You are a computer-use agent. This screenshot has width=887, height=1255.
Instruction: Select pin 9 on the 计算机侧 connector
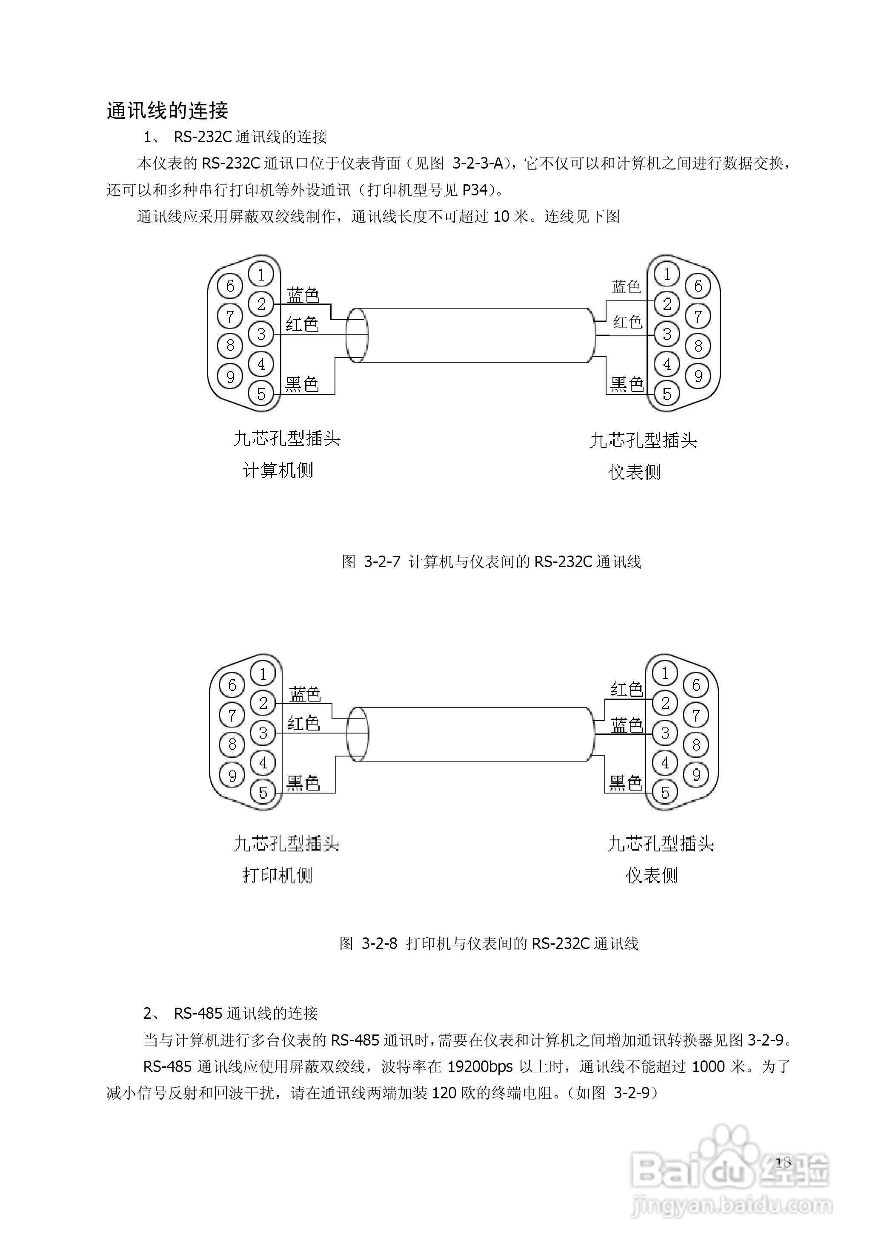230,376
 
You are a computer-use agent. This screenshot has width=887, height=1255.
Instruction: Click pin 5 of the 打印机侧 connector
263,792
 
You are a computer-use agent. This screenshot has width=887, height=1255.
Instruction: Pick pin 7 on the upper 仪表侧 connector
698,316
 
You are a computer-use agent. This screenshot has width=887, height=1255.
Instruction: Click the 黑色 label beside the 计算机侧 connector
302,384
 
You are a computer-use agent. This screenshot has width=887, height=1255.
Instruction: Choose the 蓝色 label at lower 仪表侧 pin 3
627,725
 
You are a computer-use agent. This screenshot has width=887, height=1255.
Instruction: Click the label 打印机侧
277,875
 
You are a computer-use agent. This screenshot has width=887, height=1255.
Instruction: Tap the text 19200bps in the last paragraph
480,1082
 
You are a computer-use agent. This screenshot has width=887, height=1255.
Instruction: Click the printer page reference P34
474,190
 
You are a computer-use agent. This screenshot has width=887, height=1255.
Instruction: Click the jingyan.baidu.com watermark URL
731,1205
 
